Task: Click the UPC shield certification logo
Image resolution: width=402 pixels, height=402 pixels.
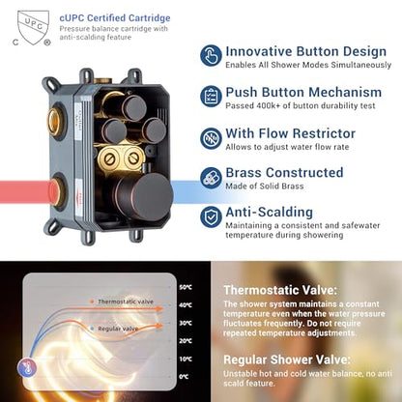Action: point(32,28)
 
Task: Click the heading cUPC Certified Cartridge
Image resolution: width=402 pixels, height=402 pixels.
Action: point(115,18)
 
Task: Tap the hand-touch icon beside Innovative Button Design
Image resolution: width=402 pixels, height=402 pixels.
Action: point(211,56)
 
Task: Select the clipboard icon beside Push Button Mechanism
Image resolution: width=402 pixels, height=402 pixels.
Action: point(211,97)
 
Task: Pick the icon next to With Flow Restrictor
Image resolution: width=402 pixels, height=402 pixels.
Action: point(211,138)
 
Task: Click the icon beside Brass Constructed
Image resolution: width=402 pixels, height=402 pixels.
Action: point(211,178)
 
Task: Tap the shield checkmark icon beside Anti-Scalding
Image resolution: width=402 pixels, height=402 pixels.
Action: point(211,217)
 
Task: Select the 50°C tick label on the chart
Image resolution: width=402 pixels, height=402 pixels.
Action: point(186,287)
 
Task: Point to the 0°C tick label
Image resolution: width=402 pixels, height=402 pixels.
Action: point(185,376)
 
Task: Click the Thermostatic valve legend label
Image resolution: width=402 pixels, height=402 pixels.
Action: point(126,301)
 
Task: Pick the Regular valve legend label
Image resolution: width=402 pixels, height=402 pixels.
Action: point(118,329)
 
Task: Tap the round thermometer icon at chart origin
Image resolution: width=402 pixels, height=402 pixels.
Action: point(27,367)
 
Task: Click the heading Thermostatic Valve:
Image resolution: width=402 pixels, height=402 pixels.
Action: point(280,290)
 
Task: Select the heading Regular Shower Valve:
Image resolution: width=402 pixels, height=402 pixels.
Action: point(287,359)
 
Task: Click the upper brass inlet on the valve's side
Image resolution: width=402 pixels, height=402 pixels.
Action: point(55,122)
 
